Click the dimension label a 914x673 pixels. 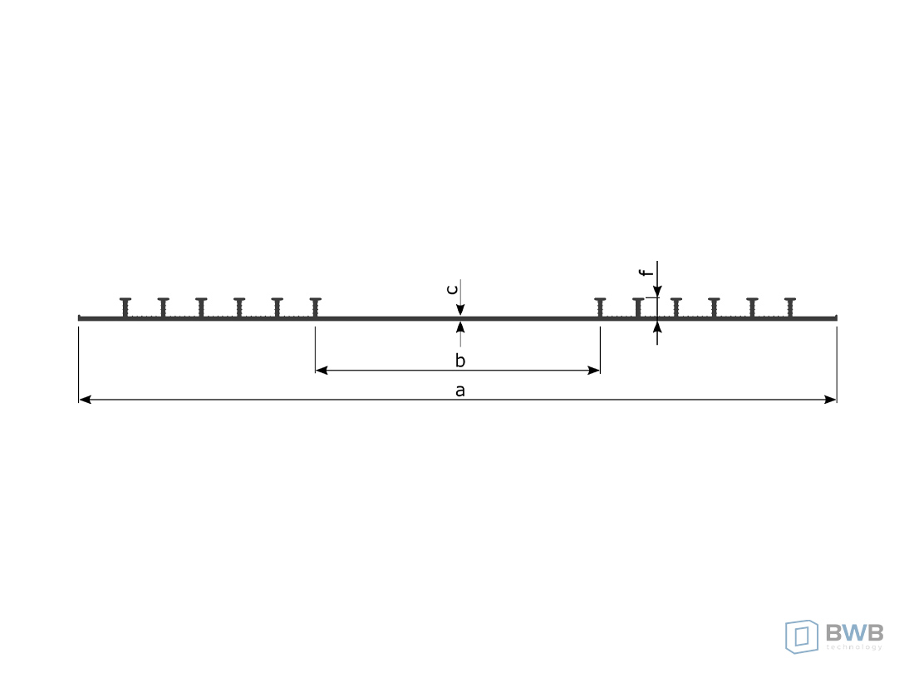(460, 391)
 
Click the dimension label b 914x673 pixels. (460, 361)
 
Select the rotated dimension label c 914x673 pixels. (452, 289)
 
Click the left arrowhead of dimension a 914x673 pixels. (85, 399)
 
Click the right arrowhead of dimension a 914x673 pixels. (830, 399)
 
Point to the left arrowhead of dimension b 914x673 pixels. (322, 370)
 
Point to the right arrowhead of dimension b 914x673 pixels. (593, 370)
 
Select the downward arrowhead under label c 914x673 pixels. (460, 309)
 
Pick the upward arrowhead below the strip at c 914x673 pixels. (460, 327)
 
